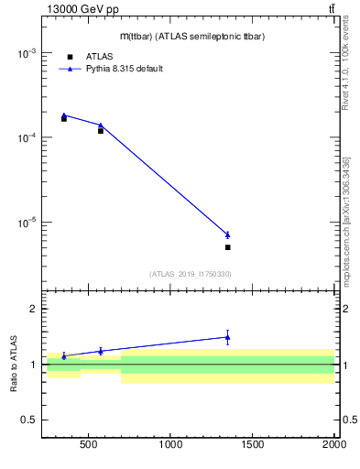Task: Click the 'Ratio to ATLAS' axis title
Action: point(16,364)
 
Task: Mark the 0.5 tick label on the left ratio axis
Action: point(27,420)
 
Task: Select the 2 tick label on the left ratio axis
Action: point(32,309)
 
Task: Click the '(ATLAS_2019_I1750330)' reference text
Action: point(190,274)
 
